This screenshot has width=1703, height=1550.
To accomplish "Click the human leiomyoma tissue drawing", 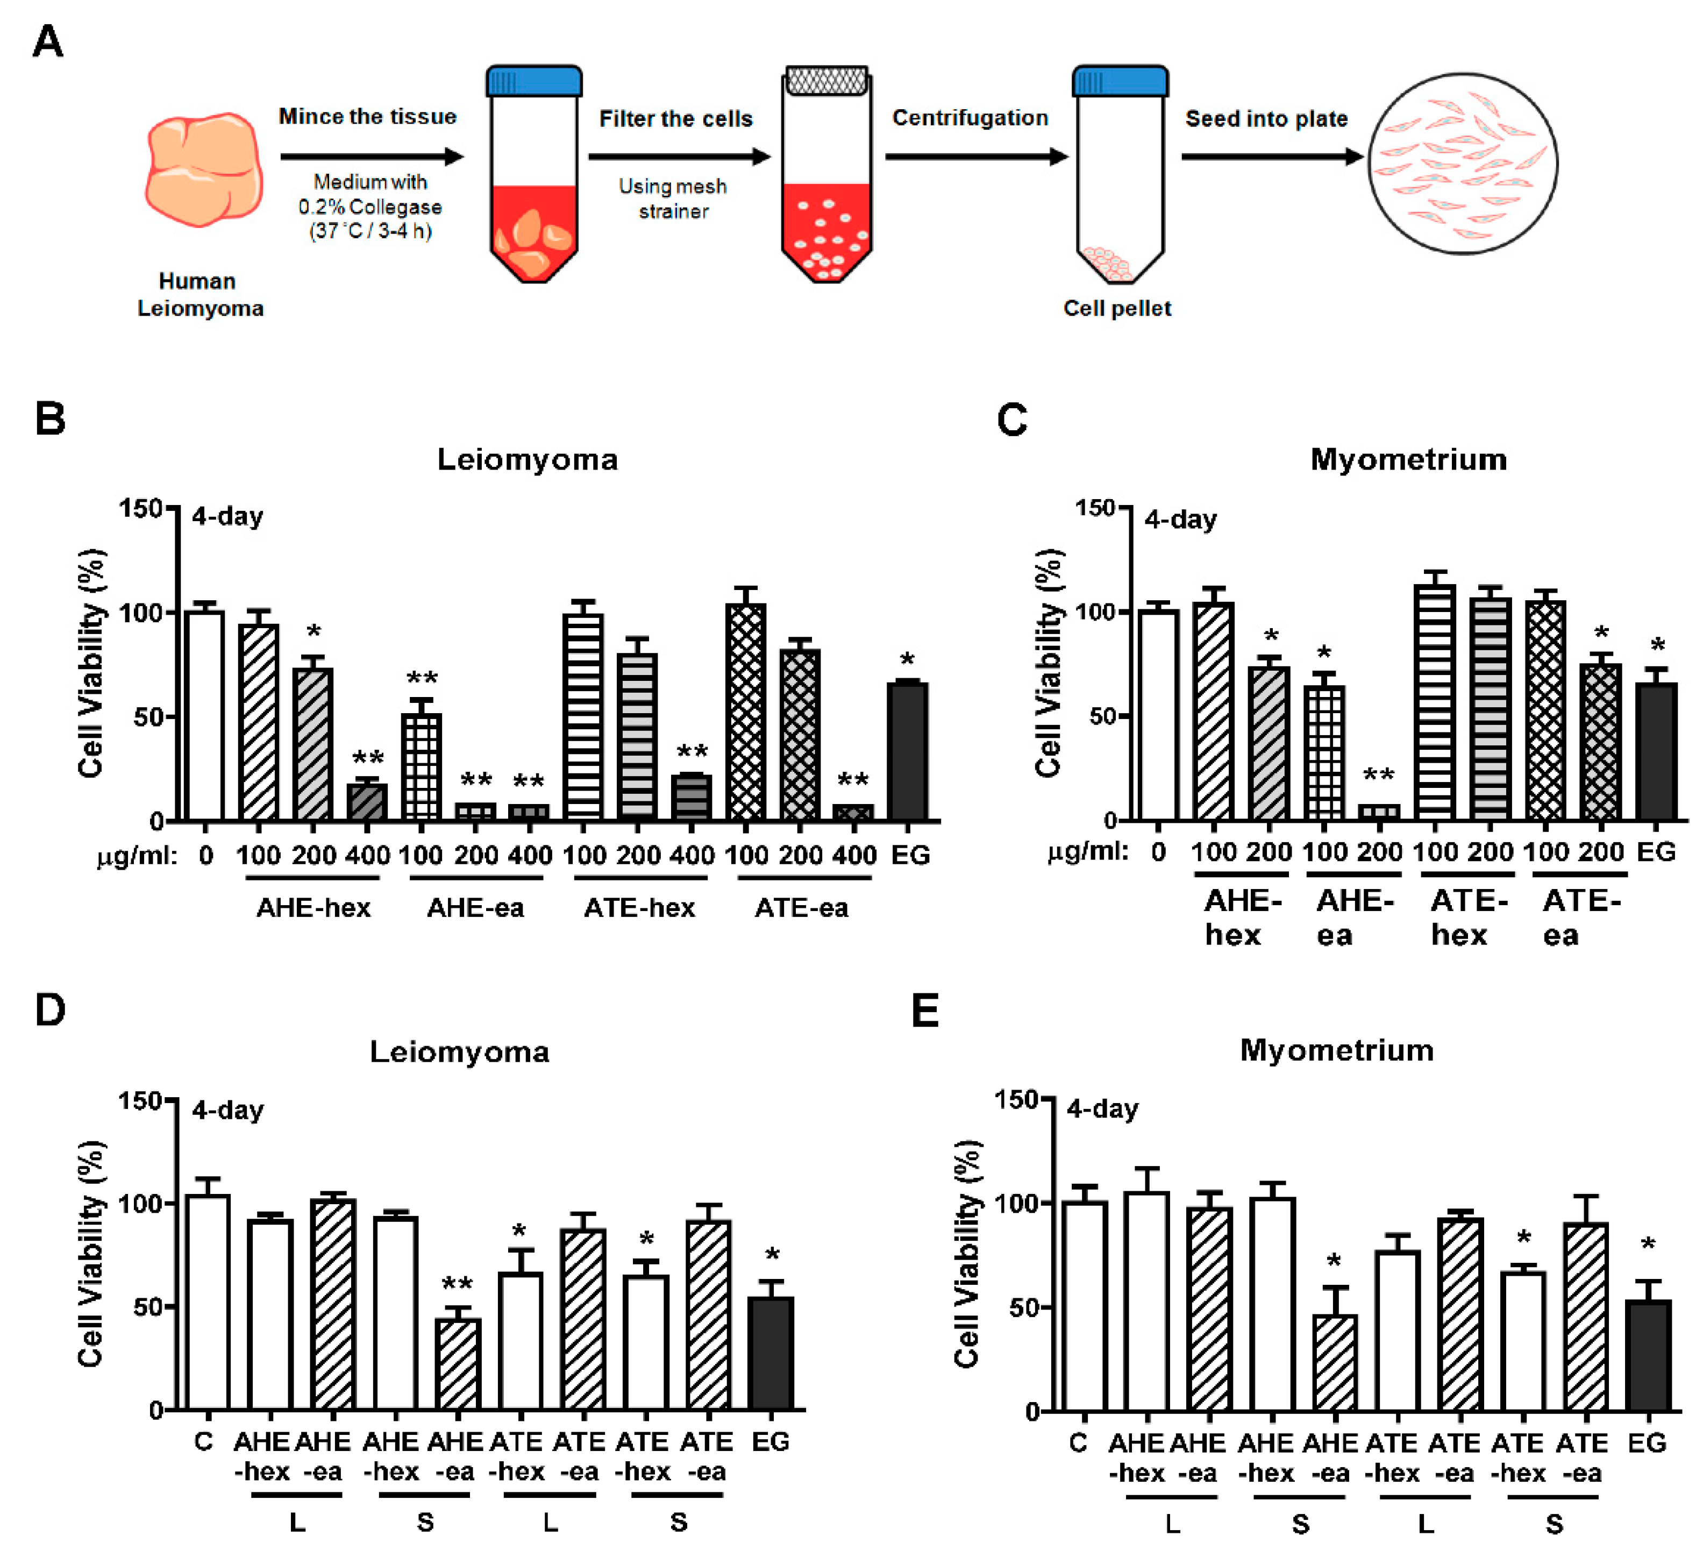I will coord(203,169).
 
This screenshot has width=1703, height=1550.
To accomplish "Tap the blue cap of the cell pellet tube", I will coord(1120,82).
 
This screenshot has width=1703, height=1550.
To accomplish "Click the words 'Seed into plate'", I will coord(1265,119).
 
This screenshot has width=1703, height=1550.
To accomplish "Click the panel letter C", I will coord(1012,420).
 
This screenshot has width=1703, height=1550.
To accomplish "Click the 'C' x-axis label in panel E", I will coord(1078,1443).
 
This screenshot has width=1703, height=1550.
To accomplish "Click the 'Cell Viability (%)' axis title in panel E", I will coord(967,1254).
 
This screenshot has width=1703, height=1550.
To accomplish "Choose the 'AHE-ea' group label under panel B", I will coord(475,908).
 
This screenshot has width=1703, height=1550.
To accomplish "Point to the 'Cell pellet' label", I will coord(1117,308).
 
